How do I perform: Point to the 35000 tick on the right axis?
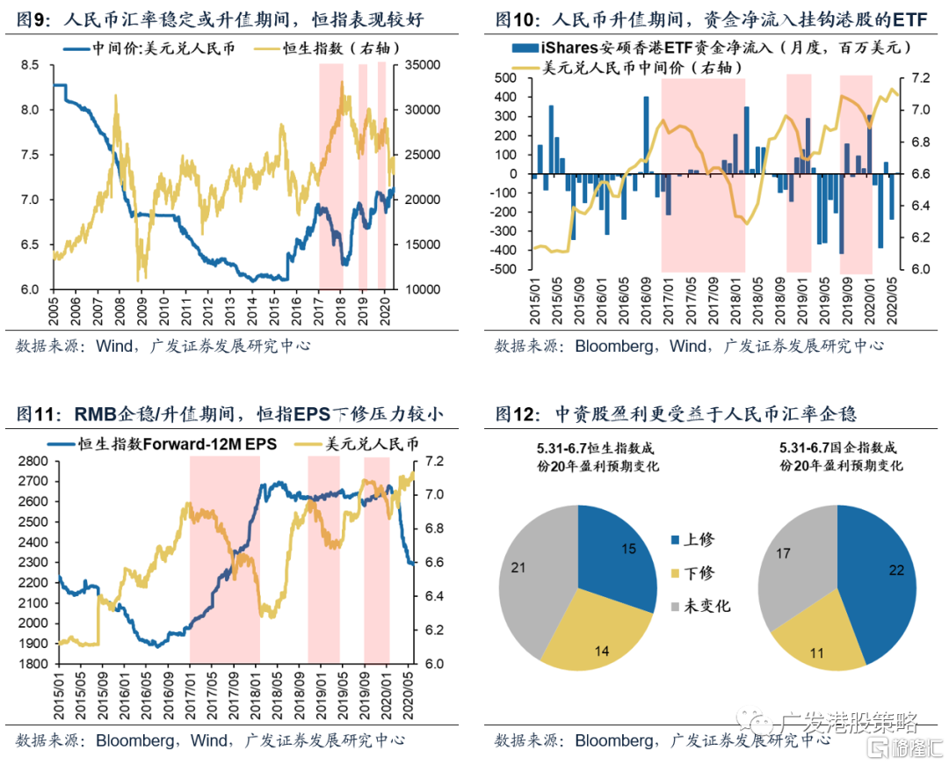pyautogui.click(x=417, y=65)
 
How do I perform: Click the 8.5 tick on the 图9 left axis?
pyautogui.click(x=29, y=65)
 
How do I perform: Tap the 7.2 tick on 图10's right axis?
pyautogui.click(x=914, y=78)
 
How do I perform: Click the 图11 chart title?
pyautogui.click(x=237, y=413)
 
